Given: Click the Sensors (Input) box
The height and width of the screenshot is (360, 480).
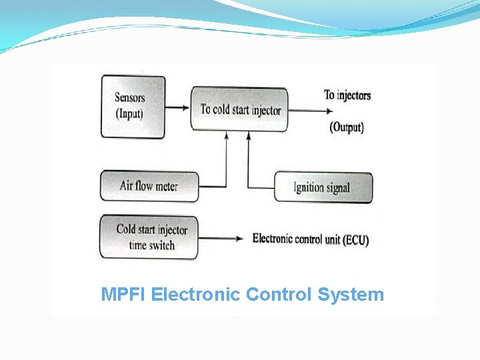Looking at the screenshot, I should point(133,106).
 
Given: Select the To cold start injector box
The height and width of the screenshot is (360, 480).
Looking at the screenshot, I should point(240,109).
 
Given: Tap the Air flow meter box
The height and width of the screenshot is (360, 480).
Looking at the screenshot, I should point(149,186).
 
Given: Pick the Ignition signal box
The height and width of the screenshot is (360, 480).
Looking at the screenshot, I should point(323,187).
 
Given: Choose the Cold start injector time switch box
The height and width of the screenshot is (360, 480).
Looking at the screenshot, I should point(149,237).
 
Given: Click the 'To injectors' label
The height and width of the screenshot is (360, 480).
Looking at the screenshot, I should point(347,95).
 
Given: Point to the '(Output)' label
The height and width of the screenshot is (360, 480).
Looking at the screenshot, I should point(347,127).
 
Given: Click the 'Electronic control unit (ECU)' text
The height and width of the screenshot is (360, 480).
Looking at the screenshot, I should point(310,239).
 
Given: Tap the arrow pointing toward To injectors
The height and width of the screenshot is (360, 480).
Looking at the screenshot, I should point(303,110).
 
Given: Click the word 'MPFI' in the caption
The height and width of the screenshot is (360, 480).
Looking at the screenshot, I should point(124,294).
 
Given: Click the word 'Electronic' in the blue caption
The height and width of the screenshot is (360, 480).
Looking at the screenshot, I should point(196,294).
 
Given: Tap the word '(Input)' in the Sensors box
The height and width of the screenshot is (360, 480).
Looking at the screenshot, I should point(129,113).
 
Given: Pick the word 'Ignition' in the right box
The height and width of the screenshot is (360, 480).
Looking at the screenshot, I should point(309,187).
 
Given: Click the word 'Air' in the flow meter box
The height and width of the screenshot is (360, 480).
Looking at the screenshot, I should point(126,185).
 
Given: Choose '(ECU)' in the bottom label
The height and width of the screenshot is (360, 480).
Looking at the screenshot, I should point(355,240).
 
